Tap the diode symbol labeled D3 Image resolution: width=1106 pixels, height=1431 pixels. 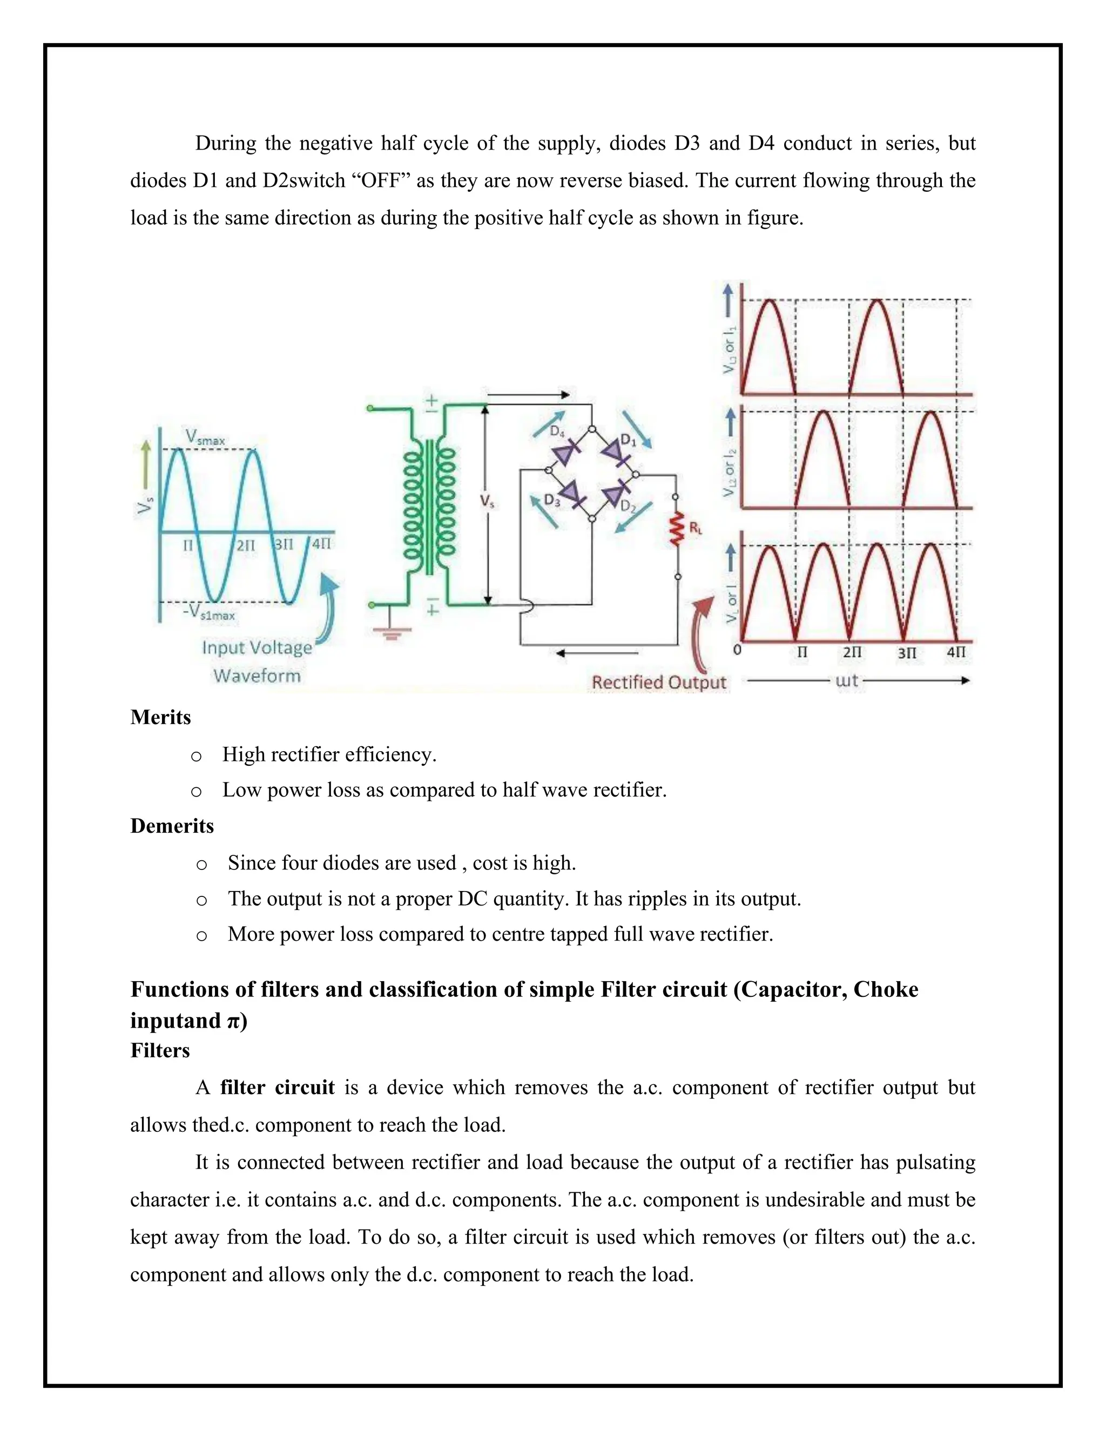(x=571, y=492)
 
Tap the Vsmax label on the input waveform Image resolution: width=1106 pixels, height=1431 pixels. (x=205, y=437)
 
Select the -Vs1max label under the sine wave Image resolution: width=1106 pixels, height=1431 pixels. (x=209, y=613)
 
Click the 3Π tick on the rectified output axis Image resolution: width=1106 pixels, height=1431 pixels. (x=907, y=653)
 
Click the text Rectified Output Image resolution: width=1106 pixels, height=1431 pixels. (x=658, y=683)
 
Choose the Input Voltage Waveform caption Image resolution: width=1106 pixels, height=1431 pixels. (x=257, y=662)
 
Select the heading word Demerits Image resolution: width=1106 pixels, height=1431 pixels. (x=172, y=826)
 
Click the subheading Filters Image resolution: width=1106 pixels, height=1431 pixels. (x=160, y=1050)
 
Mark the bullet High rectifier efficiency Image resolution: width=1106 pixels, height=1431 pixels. (x=329, y=754)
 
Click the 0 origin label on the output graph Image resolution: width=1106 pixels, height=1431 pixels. (x=737, y=651)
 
